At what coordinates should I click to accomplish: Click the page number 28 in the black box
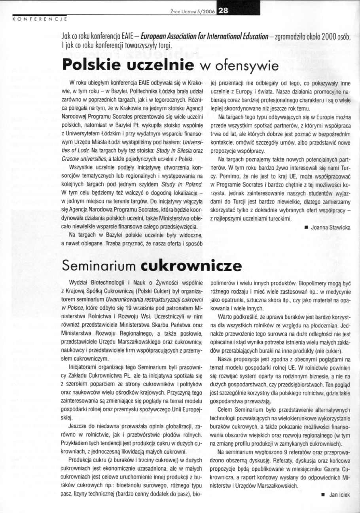click(223, 11)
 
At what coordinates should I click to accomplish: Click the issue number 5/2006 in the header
click(204, 12)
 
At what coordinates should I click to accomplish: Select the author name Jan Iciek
click(338, 494)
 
